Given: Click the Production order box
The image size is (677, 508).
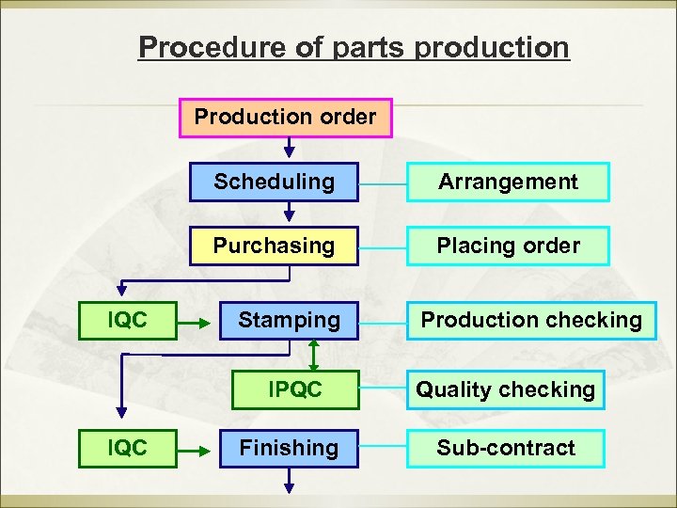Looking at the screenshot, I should pyautogui.click(x=285, y=119).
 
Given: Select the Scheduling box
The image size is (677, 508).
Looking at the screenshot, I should pyautogui.click(x=274, y=182).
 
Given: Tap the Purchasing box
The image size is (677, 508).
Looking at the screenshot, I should pyautogui.click(x=274, y=246).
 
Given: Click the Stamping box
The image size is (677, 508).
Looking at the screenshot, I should pyautogui.click(x=289, y=320).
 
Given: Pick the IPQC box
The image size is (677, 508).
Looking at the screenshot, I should pyautogui.click(x=294, y=389).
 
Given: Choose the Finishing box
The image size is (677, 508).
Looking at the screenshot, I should pyautogui.click(x=289, y=448).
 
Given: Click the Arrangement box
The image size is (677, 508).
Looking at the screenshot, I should pyautogui.click(x=508, y=182).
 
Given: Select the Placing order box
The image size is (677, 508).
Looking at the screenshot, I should pyautogui.click(x=508, y=246).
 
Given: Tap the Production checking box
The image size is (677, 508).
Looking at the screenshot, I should pyautogui.click(x=531, y=320).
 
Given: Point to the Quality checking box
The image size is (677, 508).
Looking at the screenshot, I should pyautogui.click(x=506, y=389).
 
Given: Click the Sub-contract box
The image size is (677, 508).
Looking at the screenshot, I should pyautogui.click(x=506, y=448).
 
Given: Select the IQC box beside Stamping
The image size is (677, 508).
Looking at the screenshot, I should pyautogui.click(x=127, y=320).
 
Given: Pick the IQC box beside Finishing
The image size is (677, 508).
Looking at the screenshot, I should pyautogui.click(x=127, y=448).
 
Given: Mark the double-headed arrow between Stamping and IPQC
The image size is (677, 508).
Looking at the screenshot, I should pyautogui.click(x=313, y=356).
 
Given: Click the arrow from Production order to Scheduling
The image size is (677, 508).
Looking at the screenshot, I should pyautogui.click(x=290, y=149).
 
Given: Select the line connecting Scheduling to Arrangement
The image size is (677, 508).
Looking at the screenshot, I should pyautogui.click(x=383, y=183).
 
